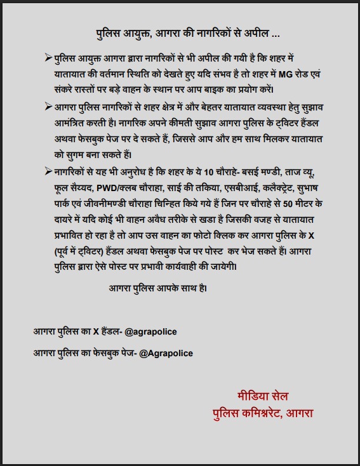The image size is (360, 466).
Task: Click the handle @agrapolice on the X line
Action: click(151, 332)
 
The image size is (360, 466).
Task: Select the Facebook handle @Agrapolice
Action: click(166, 353)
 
